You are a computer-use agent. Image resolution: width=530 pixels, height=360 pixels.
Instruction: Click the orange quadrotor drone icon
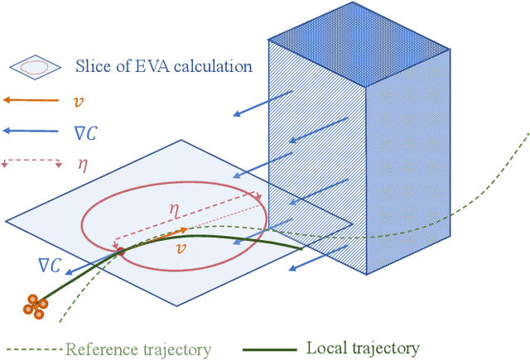click(x=36, y=305)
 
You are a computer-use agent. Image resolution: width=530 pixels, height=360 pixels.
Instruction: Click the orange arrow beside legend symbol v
click(x=33, y=99)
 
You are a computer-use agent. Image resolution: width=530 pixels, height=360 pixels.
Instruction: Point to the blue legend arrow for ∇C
click(x=33, y=130)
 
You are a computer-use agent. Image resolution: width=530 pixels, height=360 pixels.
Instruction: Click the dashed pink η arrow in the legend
click(x=33, y=160)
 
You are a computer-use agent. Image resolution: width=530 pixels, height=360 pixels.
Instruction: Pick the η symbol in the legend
click(x=82, y=164)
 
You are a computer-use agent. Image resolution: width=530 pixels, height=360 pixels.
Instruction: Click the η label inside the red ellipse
click(x=174, y=209)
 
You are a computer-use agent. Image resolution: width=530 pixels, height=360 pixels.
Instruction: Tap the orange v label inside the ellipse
click(x=181, y=247)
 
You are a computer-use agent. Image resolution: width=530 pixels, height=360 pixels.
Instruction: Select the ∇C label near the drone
click(x=50, y=265)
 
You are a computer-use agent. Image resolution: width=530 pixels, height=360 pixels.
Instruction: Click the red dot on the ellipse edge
click(x=120, y=250)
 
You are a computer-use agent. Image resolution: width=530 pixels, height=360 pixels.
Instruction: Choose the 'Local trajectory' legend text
click(x=363, y=348)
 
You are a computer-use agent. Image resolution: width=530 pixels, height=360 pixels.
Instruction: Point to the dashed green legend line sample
click(x=33, y=349)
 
